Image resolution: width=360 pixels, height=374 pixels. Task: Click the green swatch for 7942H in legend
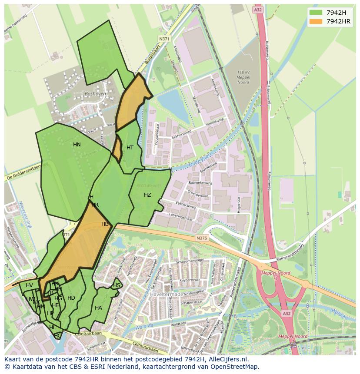(x=316, y=12)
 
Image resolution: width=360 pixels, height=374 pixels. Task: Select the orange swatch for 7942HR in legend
(x=316, y=21)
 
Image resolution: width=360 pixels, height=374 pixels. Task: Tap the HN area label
(x=77, y=145)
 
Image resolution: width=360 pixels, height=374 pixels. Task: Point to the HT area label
(x=130, y=148)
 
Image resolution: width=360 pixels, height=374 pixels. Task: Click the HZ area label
(x=147, y=195)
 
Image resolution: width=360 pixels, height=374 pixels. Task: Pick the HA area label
(x=98, y=308)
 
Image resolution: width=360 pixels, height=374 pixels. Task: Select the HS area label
(x=117, y=285)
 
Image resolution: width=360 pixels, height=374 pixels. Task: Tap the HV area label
(x=29, y=285)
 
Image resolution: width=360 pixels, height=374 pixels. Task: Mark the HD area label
(x=71, y=298)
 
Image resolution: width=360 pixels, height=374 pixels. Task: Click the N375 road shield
(x=201, y=238)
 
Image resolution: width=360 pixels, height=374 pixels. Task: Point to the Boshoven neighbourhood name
(x=95, y=93)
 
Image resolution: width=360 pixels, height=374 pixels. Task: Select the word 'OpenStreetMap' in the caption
(x=236, y=367)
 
